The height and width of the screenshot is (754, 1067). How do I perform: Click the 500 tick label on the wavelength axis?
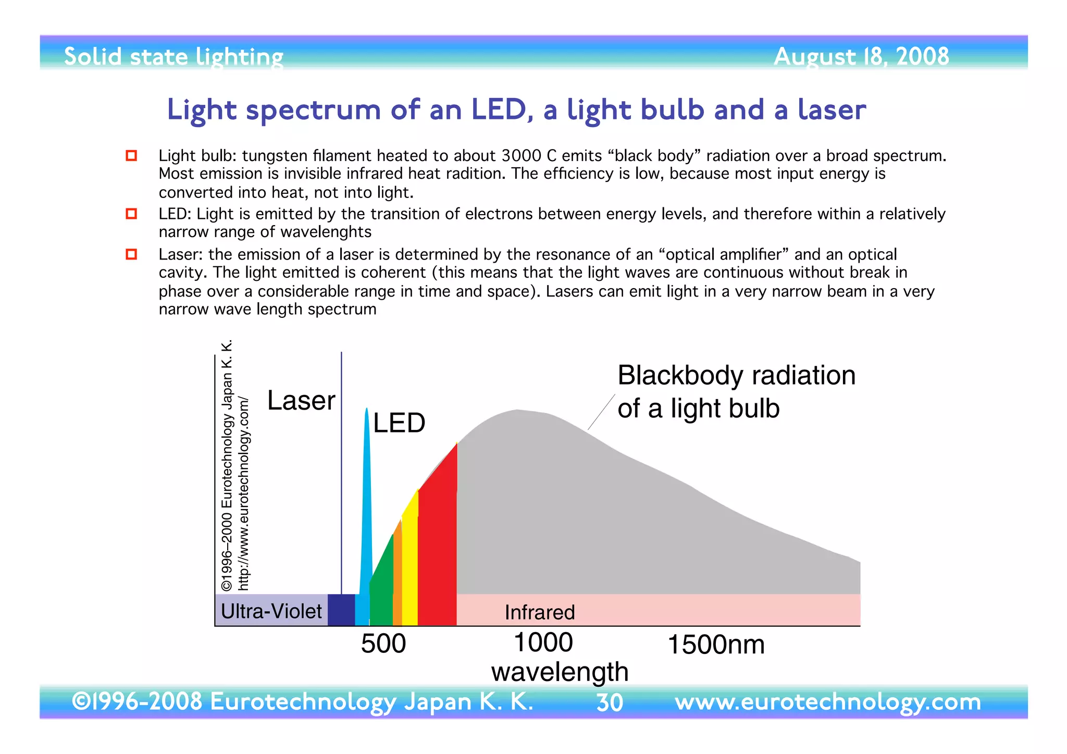click(383, 644)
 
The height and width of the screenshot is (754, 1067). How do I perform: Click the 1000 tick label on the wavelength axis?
click(543, 642)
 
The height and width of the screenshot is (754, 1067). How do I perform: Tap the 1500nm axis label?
click(716, 645)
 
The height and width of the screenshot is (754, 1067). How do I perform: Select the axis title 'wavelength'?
click(560, 672)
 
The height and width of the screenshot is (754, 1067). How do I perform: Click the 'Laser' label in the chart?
click(301, 401)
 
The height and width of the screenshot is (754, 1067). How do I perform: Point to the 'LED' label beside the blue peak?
click(399, 423)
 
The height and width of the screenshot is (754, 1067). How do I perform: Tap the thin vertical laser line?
click(341, 469)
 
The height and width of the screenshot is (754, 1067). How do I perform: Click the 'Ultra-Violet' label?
click(271, 611)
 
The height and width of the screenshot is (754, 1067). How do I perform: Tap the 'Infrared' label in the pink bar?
click(540, 612)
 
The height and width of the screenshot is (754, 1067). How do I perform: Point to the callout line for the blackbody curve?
click(601, 412)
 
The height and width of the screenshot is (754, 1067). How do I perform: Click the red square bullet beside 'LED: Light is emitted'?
click(131, 214)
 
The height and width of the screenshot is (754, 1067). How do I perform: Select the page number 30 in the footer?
click(610, 703)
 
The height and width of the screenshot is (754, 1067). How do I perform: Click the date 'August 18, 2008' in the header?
click(861, 56)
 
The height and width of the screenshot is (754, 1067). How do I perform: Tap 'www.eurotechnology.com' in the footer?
click(827, 702)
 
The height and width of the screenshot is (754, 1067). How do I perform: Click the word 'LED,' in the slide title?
click(502, 110)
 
